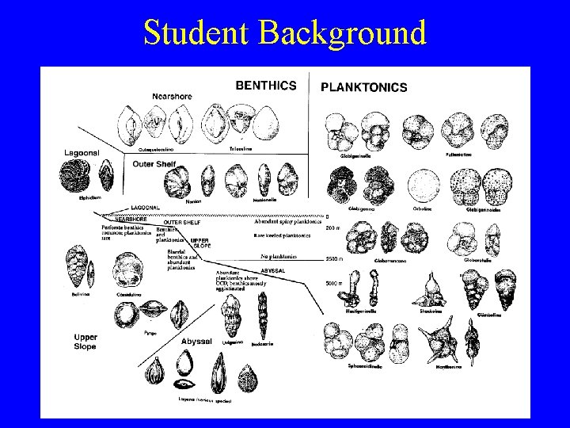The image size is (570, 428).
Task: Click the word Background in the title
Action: click(342, 32)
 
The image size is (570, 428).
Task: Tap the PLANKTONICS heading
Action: click(363, 87)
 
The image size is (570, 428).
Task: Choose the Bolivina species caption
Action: click(77, 292)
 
